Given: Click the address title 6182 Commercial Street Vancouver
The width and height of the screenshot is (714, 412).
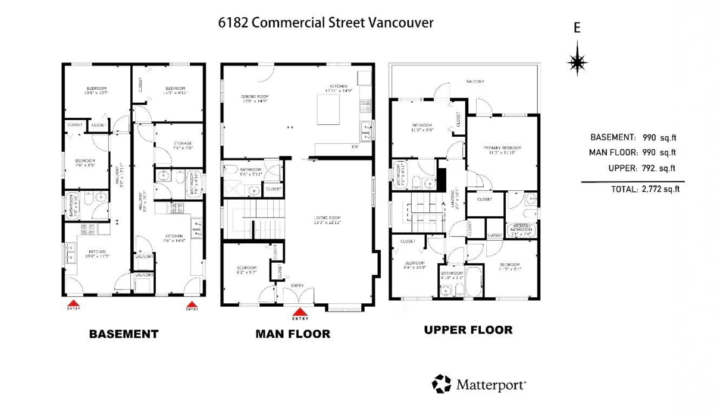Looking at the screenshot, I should pyautogui.click(x=326, y=23).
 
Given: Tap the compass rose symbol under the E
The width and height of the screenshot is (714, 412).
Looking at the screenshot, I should pyautogui.click(x=577, y=61).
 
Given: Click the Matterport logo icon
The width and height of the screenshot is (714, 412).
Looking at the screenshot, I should pyautogui.click(x=441, y=384).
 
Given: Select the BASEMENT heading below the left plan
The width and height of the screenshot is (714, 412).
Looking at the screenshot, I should pyautogui.click(x=124, y=334).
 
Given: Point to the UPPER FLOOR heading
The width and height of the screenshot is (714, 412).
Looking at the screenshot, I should pyautogui.click(x=468, y=329).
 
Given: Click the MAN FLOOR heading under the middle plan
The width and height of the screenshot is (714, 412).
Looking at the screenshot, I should pyautogui.click(x=293, y=334).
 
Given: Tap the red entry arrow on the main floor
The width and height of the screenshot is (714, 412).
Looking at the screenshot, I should pyautogui.click(x=300, y=311).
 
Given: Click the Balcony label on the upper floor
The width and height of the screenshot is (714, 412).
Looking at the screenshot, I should pyautogui.click(x=475, y=81).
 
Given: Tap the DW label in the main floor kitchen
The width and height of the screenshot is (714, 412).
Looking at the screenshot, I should pyautogui.click(x=355, y=146).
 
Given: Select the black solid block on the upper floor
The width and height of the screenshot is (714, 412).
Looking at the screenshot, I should pyautogui.click(x=441, y=178).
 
